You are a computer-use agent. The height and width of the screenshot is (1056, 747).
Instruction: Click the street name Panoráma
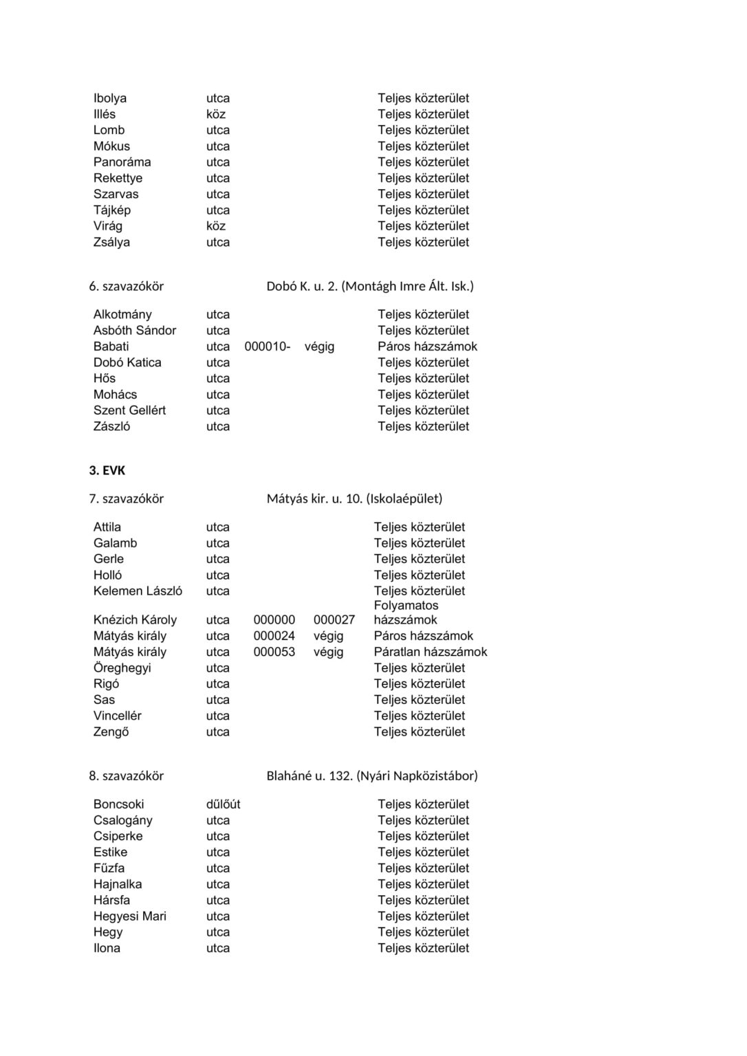click(122, 162)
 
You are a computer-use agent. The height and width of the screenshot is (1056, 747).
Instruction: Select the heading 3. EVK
click(107, 471)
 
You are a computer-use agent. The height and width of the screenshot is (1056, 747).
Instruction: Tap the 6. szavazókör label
click(126, 286)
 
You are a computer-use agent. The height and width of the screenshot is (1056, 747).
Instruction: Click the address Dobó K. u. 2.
click(301, 286)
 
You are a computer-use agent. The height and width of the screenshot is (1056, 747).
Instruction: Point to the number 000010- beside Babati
click(267, 346)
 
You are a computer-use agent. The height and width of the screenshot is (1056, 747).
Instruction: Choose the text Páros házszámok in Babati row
click(427, 346)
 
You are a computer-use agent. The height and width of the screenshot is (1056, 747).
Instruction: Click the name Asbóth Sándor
click(135, 331)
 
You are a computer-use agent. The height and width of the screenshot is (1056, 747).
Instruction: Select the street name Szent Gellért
click(129, 410)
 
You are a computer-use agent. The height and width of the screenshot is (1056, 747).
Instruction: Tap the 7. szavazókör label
click(126, 498)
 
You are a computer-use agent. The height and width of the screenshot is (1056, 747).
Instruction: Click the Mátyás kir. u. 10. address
click(314, 498)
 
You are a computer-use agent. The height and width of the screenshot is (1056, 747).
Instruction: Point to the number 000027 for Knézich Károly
click(334, 620)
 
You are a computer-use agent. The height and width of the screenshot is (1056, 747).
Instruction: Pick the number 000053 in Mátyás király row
click(274, 652)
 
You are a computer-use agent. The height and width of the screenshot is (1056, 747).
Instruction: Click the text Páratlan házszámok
click(430, 652)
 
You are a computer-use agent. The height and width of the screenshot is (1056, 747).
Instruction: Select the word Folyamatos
click(406, 606)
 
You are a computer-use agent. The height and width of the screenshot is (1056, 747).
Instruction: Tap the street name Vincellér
click(117, 716)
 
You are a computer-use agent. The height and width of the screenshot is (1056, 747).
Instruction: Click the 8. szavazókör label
click(126, 775)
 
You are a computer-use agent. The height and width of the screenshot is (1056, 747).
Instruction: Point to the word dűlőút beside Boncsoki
click(223, 804)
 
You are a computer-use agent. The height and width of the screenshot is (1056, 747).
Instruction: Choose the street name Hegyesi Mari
click(130, 916)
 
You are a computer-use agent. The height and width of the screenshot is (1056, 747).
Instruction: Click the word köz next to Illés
click(216, 114)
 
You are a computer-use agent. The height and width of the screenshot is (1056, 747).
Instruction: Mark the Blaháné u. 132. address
click(310, 775)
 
